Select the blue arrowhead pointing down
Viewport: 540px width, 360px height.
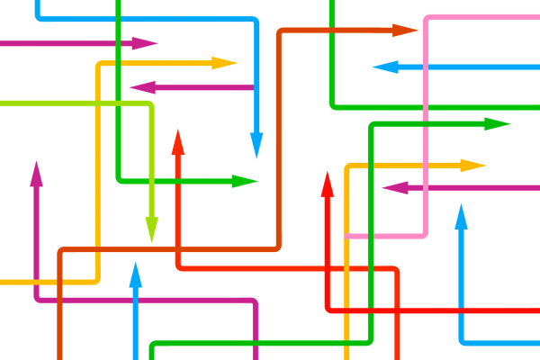[256, 147]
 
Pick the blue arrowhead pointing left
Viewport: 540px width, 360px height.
[384, 67]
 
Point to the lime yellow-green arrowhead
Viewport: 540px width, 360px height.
[151, 231]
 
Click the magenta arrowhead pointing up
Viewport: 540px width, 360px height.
[36, 173]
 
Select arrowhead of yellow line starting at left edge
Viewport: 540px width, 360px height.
[225, 63]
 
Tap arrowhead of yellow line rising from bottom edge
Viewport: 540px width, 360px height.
[474, 166]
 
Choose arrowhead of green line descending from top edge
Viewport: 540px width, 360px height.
[246, 181]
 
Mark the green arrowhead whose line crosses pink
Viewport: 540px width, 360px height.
[498, 124]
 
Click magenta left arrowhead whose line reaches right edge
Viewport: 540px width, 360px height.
[394, 188]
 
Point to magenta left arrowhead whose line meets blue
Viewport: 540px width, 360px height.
[141, 87]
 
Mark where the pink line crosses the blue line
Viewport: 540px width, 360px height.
[425, 67]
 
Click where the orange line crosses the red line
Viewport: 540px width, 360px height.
[178, 249]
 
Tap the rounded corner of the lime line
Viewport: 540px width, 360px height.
[149, 105]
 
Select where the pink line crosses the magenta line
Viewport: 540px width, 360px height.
[425, 188]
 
